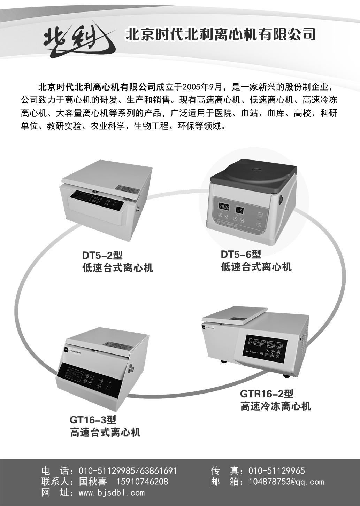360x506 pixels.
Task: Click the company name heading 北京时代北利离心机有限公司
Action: coord(220,34)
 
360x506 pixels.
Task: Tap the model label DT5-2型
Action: coord(102,255)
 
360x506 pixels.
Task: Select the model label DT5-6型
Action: coord(241,254)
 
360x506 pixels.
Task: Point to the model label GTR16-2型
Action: coord(267,394)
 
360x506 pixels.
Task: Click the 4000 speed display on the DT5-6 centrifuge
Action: coord(224,207)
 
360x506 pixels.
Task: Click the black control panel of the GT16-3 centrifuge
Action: coord(89,379)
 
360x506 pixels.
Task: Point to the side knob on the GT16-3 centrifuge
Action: coord(132,369)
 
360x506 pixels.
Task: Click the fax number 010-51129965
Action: coord(276,471)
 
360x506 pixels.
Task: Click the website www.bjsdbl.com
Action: coord(112,492)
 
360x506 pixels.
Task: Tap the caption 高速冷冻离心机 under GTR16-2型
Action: coord(275,406)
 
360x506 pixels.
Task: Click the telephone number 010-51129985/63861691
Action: coord(128,471)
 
